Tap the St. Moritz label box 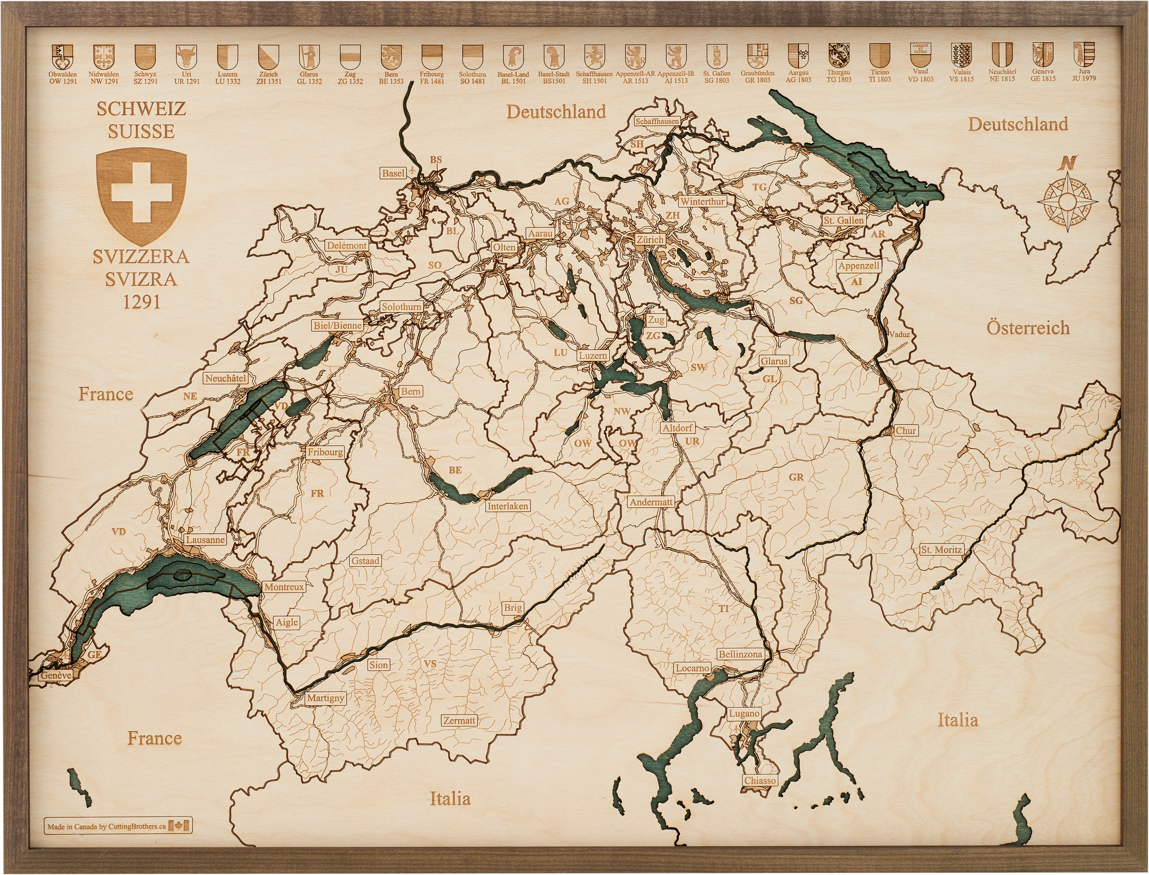point(941,549)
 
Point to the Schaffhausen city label point(657,121)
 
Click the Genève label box point(56,675)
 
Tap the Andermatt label point(651,502)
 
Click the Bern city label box point(410,391)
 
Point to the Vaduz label point(899,334)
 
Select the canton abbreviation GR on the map point(796,477)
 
